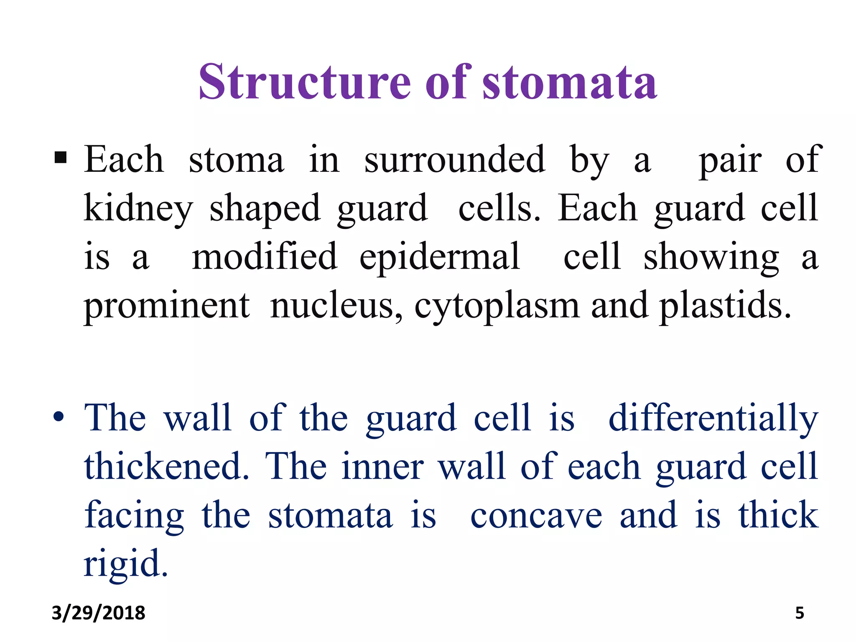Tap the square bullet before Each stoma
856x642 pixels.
pos(61,158)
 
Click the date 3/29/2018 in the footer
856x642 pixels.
pos(98,613)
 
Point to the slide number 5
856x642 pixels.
pos(799,613)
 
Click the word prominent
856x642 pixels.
pos(167,306)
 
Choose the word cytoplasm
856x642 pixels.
pos(497,306)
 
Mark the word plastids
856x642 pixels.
pos(725,305)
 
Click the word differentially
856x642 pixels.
pos(713,418)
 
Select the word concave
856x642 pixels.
pos(536,515)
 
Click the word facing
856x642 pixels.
pos(134,516)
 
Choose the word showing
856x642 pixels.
pos(711,257)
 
